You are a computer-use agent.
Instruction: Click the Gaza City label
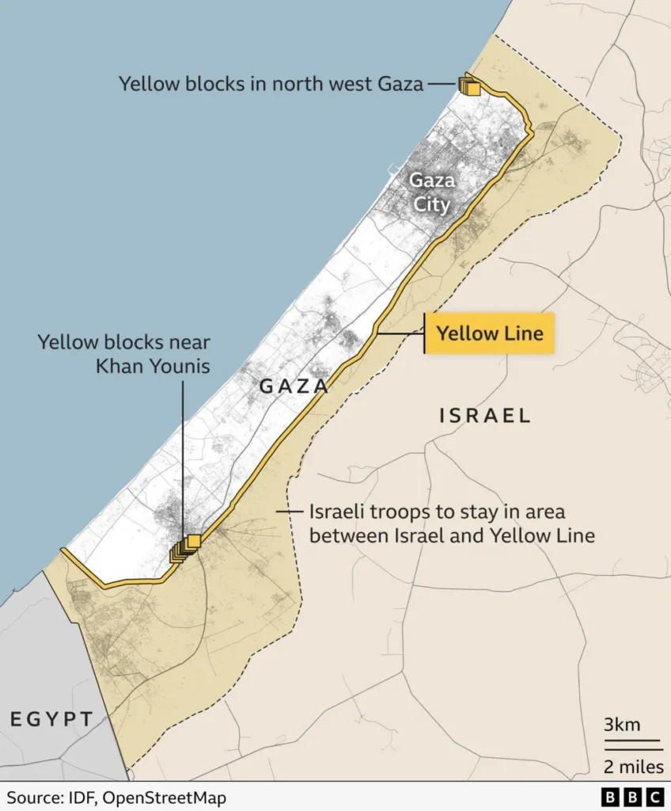431,192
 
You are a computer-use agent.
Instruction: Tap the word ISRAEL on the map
484,416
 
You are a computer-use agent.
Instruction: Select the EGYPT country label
52,719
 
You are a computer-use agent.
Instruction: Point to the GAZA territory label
294,386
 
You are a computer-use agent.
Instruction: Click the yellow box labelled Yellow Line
490,333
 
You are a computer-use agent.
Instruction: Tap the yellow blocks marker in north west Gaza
469,86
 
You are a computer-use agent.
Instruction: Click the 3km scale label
622,724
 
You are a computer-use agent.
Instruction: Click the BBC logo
633,797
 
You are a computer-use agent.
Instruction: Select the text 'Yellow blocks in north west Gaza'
271,83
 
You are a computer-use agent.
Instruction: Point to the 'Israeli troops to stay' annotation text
437,512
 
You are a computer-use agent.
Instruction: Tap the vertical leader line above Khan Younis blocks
183,459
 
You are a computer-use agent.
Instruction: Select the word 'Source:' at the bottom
35,797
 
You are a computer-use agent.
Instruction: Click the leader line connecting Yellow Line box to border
400,333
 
